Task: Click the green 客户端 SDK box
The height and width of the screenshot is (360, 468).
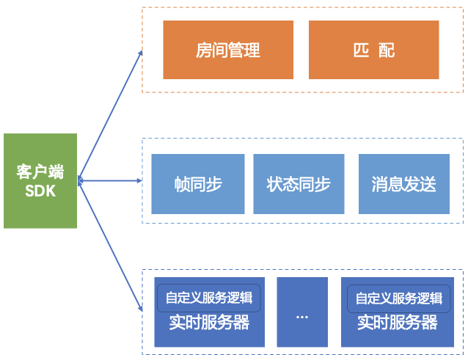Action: [40, 180]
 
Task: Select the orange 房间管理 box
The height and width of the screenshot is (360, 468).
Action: [228, 50]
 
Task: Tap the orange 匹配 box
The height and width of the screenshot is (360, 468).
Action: [373, 50]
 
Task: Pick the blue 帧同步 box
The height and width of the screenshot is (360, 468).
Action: [198, 184]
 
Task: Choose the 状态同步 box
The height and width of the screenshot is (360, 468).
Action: [298, 184]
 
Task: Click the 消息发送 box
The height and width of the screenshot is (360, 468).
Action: [403, 184]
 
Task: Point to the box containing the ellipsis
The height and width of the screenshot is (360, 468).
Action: [302, 312]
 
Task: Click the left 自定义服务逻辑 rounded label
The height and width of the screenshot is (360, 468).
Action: [209, 298]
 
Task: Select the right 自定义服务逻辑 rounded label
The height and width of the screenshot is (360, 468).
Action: [398, 298]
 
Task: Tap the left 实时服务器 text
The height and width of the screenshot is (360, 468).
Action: [209, 323]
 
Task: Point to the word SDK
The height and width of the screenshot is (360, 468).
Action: [40, 191]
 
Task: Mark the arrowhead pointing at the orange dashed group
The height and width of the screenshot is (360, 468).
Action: [140, 52]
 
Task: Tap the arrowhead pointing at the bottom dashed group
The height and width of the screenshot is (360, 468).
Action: [139, 306]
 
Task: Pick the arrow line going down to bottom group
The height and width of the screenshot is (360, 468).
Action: [110, 246]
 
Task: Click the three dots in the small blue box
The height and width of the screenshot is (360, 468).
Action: [302, 316]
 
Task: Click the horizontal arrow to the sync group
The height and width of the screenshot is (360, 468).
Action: [110, 180]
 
